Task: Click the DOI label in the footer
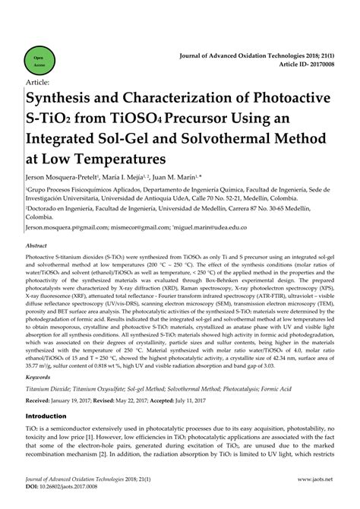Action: (33, 487)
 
